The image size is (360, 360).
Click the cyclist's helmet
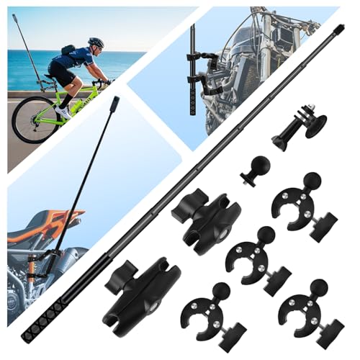point(96,43)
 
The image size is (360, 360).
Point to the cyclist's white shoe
point(65,112)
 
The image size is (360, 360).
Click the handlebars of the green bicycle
point(108,81)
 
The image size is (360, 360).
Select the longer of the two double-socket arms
point(140,288)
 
